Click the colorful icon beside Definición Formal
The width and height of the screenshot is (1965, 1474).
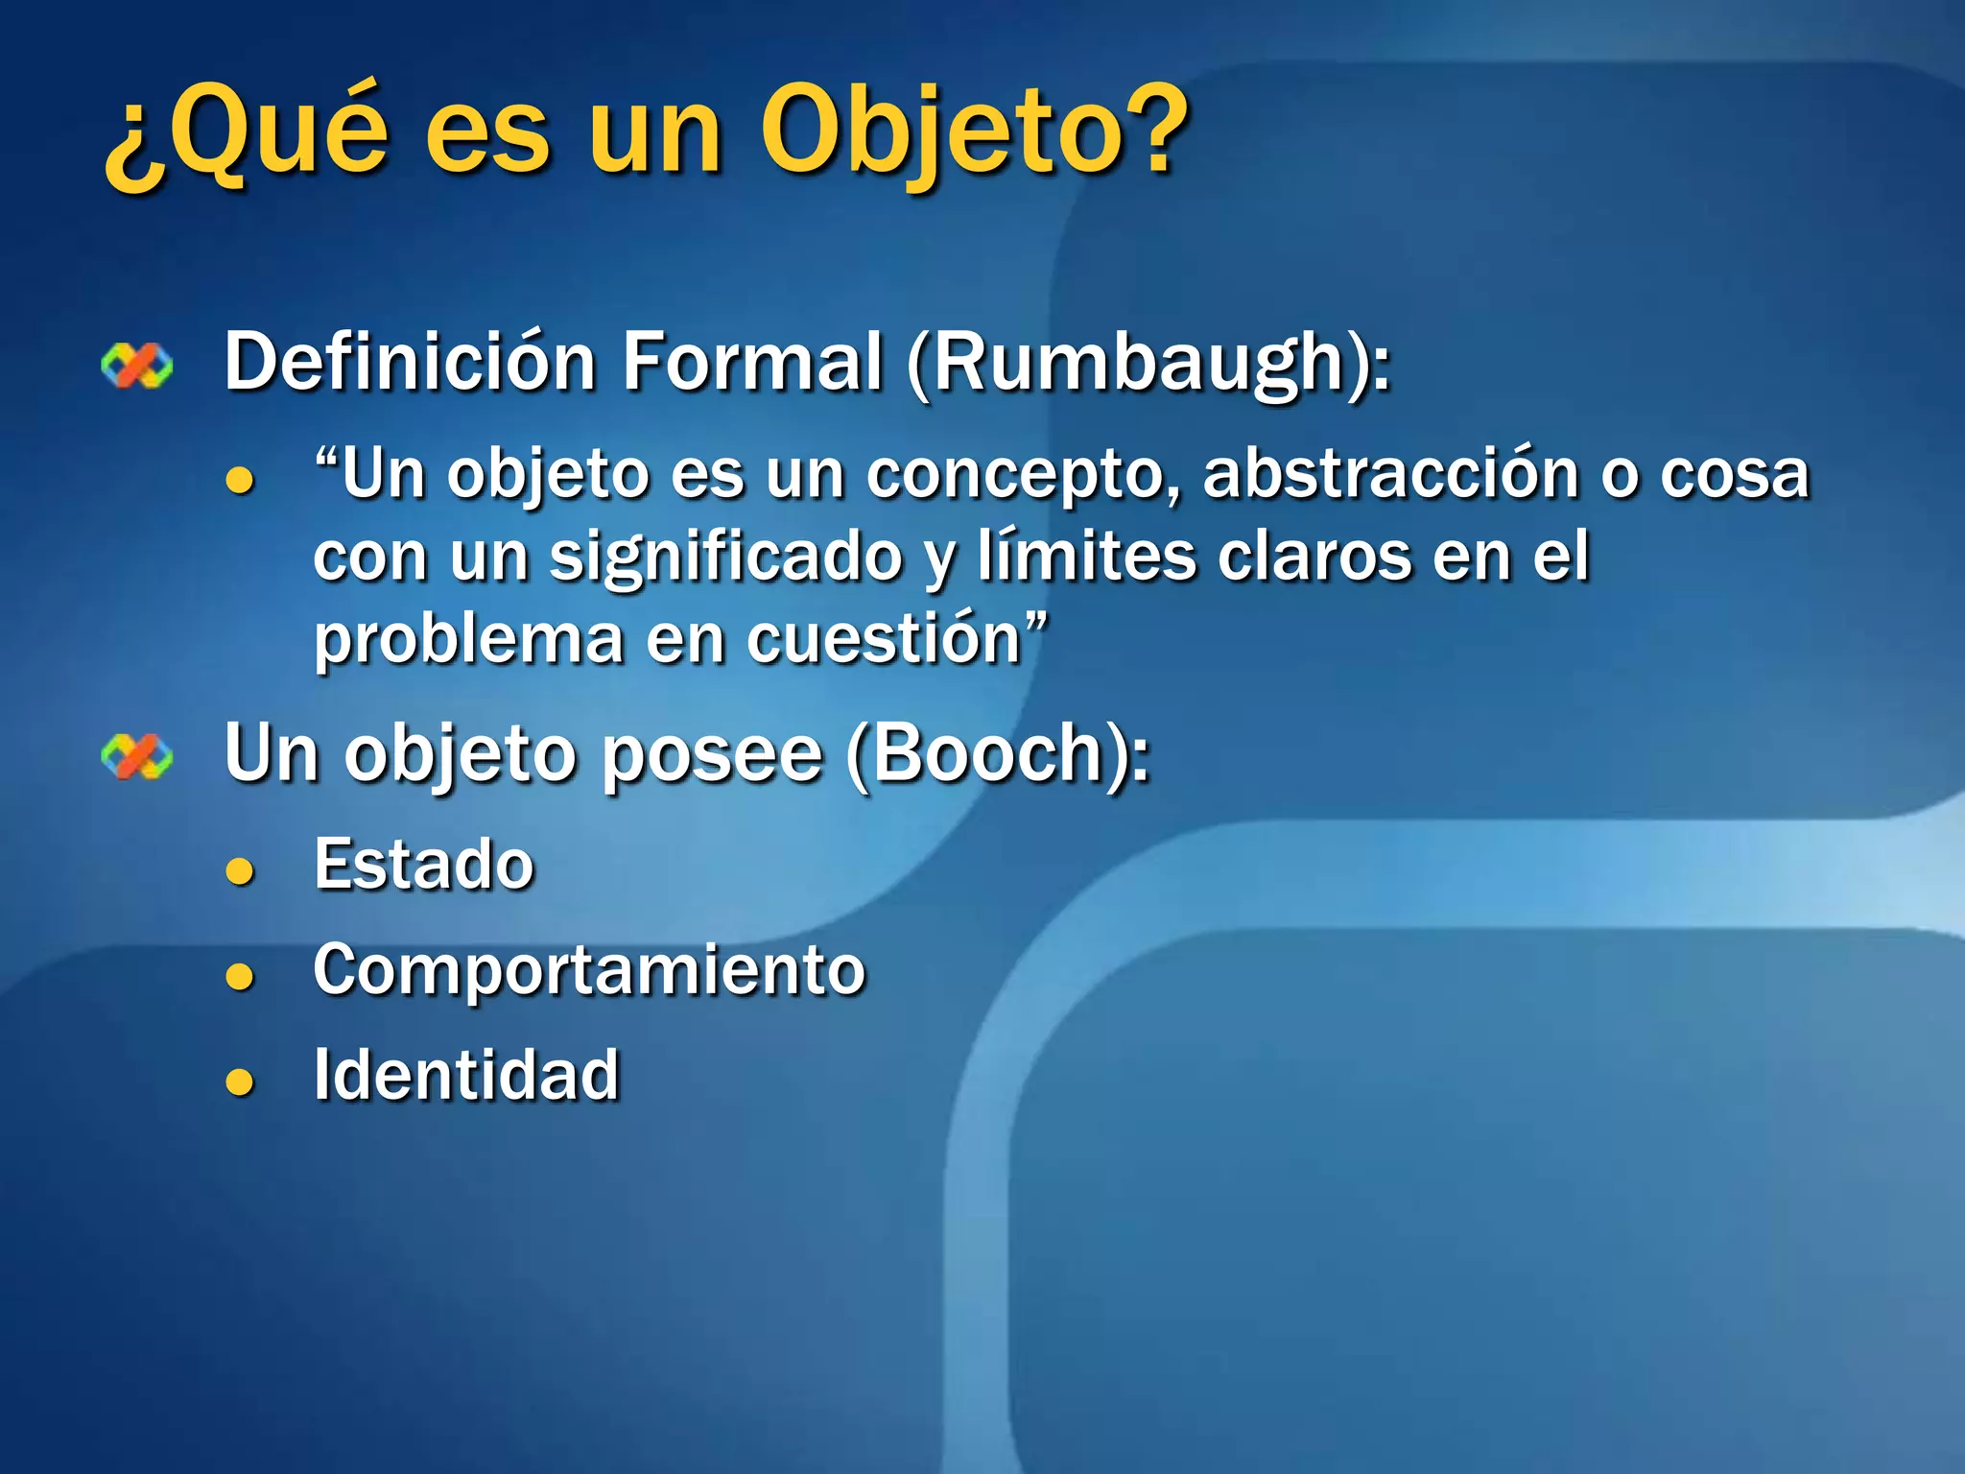137,367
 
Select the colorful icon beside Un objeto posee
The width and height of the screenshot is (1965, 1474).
137,757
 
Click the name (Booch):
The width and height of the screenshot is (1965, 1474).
998,754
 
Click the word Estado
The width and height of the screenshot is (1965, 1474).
424,865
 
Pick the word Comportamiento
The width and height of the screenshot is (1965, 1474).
589,970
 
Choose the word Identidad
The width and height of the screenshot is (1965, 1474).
466,1075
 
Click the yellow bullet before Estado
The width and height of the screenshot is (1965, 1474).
240,870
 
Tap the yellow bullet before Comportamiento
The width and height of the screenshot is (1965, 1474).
240,976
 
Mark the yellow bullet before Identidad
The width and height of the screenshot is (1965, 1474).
240,1082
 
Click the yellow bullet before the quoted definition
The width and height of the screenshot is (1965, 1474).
240,479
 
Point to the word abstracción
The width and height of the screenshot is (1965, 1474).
1390,474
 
